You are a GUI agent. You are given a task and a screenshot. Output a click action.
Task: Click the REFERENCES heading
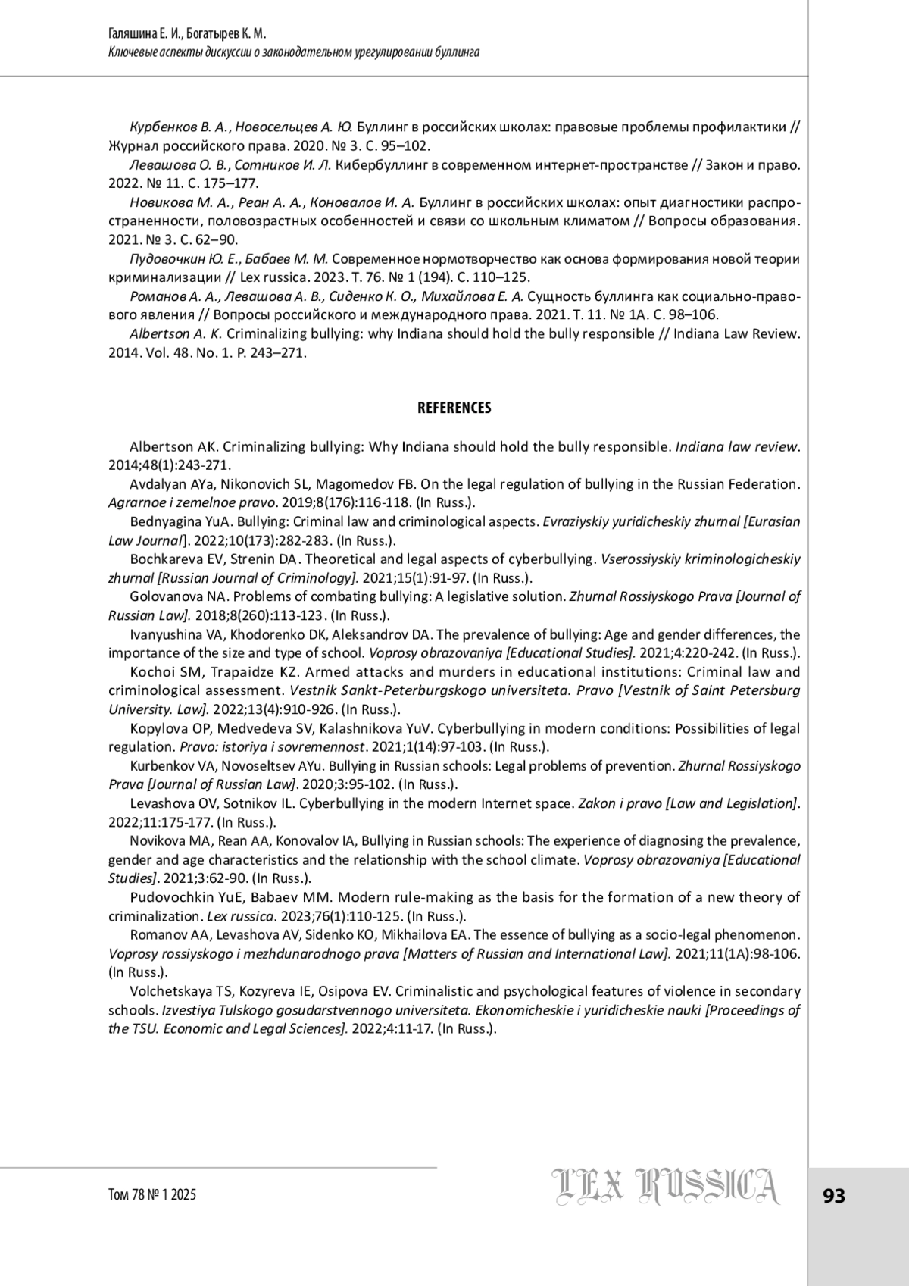pyautogui.click(x=454, y=408)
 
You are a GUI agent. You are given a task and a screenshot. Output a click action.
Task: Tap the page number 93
pyautogui.click(x=834, y=1196)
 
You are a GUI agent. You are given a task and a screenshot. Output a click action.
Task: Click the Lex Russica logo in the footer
pyautogui.click(x=664, y=1187)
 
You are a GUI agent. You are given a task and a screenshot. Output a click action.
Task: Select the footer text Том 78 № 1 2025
pyautogui.click(x=152, y=1194)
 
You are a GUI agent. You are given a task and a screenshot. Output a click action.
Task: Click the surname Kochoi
pyautogui.click(x=151, y=671)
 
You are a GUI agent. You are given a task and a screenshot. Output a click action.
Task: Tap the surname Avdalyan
pyautogui.click(x=158, y=484)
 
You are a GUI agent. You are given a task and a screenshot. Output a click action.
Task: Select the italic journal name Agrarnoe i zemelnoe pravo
pyautogui.click(x=189, y=502)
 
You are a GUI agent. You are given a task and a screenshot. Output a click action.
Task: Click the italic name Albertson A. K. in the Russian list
pyautogui.click(x=175, y=333)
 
